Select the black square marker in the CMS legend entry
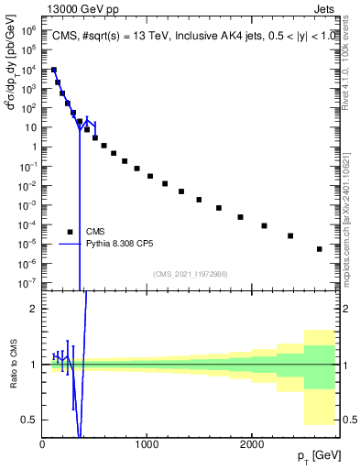pos(71,232)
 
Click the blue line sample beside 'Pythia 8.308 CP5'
pos(71,245)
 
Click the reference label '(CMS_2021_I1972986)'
pos(190,274)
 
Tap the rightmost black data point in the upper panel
pos(320,248)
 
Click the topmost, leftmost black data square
pos(54,71)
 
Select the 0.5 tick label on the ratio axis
pos(30,420)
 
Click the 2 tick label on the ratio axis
pos(34,310)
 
